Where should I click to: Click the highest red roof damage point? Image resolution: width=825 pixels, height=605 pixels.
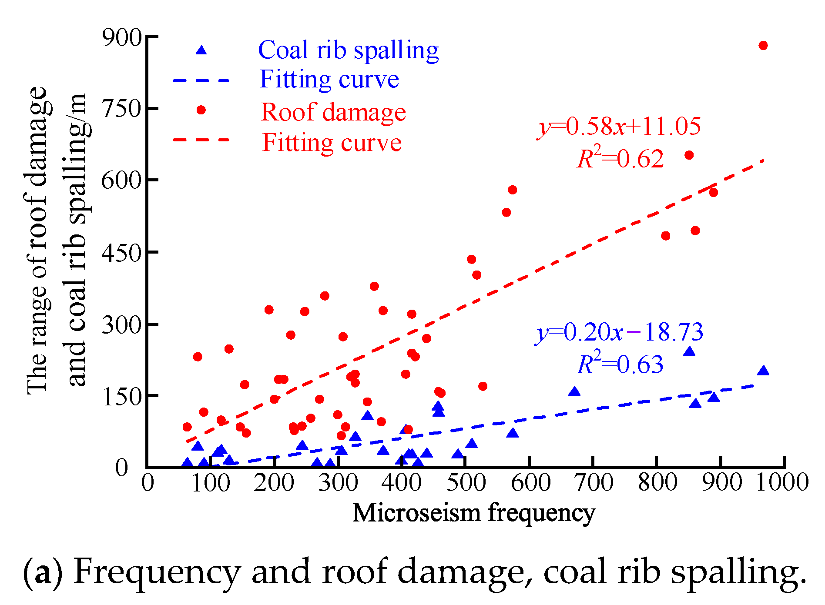pos(763,46)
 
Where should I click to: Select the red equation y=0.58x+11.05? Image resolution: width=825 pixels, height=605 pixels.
pos(619,127)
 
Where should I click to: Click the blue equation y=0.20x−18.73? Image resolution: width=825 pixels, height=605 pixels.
pos(619,332)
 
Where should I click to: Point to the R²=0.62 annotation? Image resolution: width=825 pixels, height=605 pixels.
pos(620,158)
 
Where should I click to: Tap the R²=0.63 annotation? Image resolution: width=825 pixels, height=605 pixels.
pos(620,364)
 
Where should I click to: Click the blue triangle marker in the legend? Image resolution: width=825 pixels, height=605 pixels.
pos(201,50)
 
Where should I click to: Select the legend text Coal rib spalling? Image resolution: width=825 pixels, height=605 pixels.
pos(348,50)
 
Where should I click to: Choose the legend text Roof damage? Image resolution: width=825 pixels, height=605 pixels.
pos(333,112)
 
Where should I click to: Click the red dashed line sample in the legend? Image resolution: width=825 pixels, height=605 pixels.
pos(201,140)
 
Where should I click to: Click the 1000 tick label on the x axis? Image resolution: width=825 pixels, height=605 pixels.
pos(782,482)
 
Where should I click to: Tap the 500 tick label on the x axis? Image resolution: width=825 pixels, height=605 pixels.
pos(466,482)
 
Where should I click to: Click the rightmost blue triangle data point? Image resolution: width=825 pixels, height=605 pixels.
pos(763,371)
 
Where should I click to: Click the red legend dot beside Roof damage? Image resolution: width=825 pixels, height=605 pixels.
pos(201,110)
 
